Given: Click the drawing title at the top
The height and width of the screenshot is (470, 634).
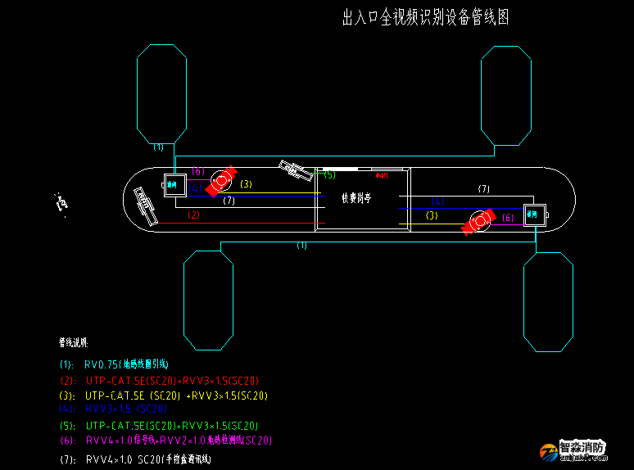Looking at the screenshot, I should [x=425, y=18].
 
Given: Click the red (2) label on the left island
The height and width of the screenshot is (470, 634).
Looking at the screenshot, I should [x=194, y=215].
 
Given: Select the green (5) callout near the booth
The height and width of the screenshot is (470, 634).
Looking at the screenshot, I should [x=329, y=174].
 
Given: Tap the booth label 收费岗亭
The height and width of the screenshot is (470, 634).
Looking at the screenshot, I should [x=356, y=197].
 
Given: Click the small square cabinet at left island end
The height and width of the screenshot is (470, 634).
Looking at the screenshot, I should [x=173, y=185].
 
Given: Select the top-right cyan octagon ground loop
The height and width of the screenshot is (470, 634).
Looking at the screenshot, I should [x=506, y=95].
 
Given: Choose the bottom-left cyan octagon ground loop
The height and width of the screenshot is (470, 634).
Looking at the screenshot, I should [x=208, y=300].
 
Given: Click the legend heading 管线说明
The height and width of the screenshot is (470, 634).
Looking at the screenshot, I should [x=73, y=341].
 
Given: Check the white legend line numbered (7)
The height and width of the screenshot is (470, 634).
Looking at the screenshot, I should [x=147, y=459].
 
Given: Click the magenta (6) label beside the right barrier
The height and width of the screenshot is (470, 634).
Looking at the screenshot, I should [x=508, y=217].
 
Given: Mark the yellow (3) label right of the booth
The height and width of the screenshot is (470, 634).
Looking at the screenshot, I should [x=432, y=215].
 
